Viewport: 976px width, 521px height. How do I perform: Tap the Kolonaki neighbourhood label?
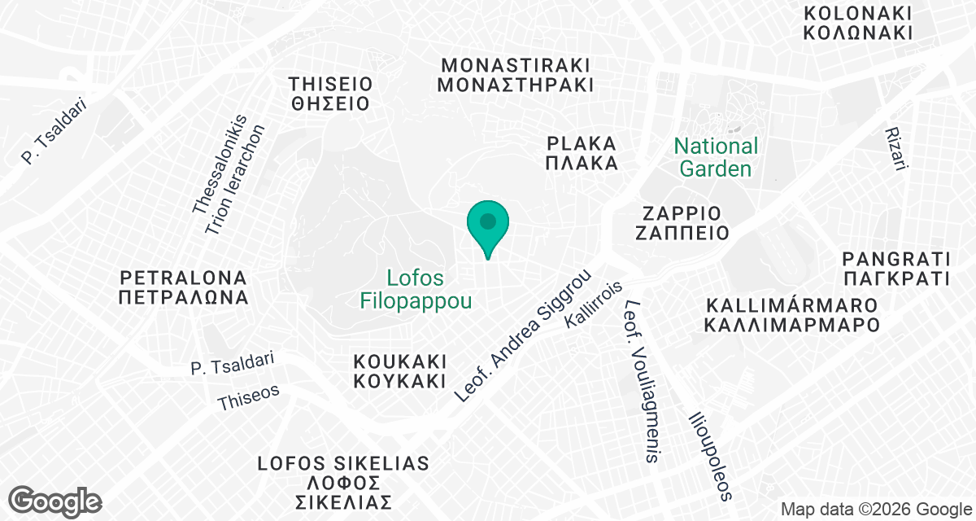point(856,24)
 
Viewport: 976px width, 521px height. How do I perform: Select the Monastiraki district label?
point(515,75)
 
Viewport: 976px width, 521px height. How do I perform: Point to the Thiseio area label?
point(330,94)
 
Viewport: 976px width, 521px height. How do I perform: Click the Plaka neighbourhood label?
point(582,153)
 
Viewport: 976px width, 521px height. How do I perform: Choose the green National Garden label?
point(716,158)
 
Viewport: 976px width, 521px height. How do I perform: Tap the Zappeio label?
point(682,223)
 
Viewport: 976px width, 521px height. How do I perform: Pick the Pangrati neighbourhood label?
point(896,269)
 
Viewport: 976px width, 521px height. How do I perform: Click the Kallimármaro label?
point(792,315)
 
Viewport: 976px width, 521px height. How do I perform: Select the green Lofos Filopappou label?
point(416,290)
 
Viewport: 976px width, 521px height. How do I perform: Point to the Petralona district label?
point(182,286)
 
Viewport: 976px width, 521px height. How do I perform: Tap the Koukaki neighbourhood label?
point(400,371)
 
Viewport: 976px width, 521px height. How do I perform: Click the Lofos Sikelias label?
point(342,482)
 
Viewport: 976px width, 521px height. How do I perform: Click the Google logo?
point(54,501)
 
